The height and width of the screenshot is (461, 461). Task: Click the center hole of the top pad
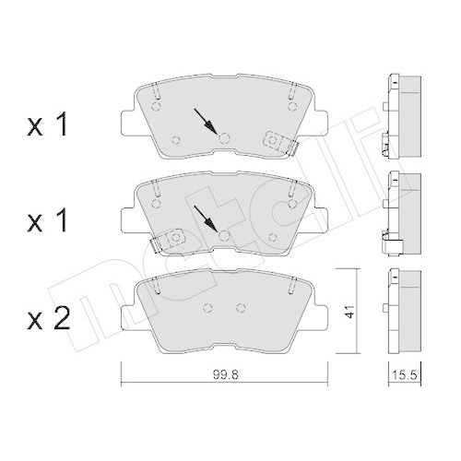tap(224, 138)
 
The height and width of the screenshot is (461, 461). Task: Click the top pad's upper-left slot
tap(156, 92)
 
